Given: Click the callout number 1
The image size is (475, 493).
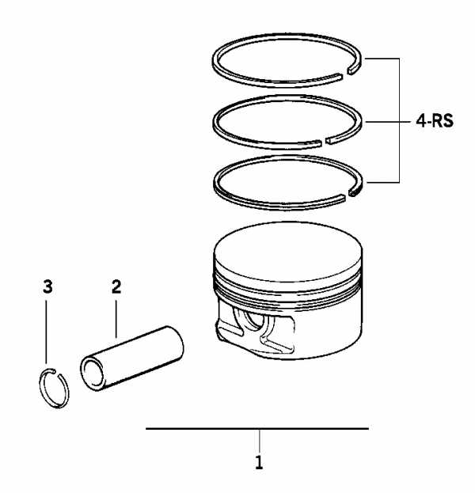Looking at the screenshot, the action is tap(259, 462).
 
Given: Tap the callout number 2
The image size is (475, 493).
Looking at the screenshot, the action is tap(116, 286).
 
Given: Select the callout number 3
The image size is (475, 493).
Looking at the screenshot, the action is tap(47, 286).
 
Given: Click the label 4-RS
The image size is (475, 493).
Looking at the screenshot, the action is tap(435, 121).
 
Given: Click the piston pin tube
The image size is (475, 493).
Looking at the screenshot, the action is tap(132, 358).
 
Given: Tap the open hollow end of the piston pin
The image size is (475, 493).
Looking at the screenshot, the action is tap(93, 374).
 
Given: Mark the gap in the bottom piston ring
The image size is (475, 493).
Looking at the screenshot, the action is tap(347, 195).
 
